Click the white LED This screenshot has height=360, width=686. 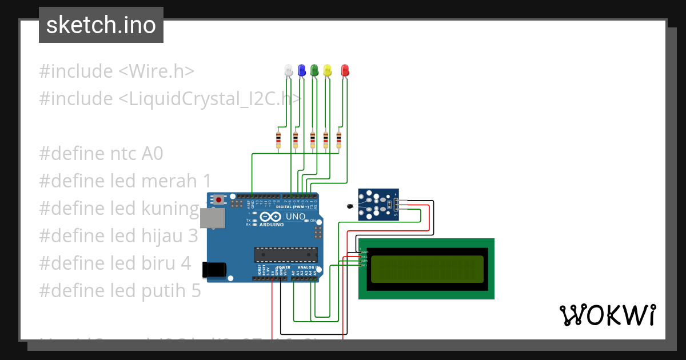click(289, 70)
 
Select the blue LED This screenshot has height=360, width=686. click(301, 70)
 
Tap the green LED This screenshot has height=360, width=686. click(314, 70)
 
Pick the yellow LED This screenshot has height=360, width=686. click(327, 70)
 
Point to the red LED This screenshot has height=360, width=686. click(345, 70)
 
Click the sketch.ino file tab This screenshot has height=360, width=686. click(101, 25)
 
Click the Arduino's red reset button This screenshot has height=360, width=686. click(219, 200)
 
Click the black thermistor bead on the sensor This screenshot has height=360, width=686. click(350, 206)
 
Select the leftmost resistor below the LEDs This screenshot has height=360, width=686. click(278, 139)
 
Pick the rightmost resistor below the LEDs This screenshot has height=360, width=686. click(338, 139)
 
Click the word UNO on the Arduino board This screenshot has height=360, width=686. click(295, 217)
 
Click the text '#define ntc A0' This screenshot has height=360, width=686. click(101, 154)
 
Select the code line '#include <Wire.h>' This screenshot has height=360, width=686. click(117, 71)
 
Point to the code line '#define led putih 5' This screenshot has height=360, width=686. click(120, 291)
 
